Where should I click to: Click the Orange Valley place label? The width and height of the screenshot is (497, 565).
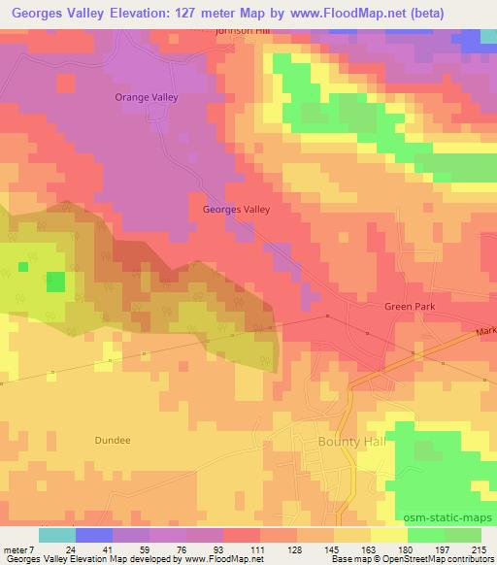(x=148, y=98)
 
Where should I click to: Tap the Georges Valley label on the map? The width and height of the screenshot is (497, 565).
(x=236, y=209)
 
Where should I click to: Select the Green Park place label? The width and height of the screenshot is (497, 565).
(x=411, y=307)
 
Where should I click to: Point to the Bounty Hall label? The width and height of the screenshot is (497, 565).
(x=347, y=441)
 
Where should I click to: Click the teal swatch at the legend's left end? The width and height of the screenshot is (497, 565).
(x=56, y=535)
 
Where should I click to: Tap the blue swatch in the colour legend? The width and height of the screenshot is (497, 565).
(x=93, y=535)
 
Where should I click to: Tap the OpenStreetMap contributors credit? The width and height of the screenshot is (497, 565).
(x=441, y=560)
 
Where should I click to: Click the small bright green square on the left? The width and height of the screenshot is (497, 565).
(x=56, y=282)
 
